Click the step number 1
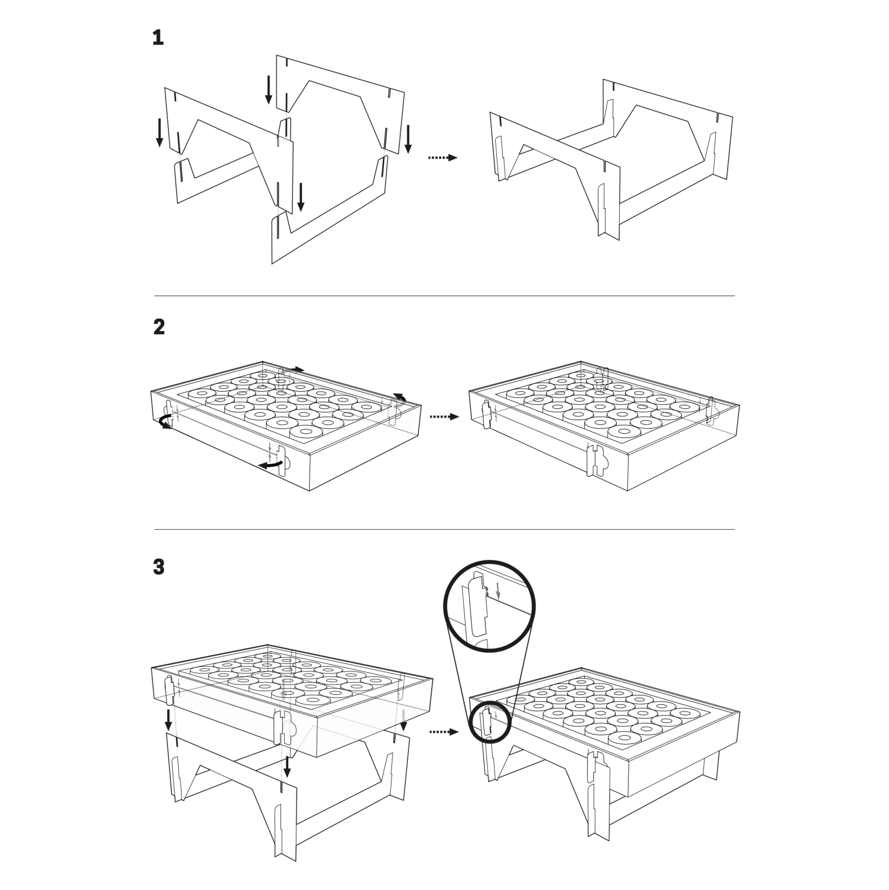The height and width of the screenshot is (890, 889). coord(158,39)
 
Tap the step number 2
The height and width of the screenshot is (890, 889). coord(158,327)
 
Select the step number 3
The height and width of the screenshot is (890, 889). coord(158,567)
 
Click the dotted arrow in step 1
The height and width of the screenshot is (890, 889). coord(443,158)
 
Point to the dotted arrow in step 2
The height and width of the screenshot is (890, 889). coord(444,417)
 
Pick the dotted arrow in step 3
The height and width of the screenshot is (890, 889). coord(444,732)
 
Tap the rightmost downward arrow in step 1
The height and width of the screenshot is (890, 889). coord(408,139)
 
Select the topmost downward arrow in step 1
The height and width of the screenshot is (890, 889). coord(269,89)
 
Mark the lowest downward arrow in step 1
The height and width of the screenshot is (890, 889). coord(301,197)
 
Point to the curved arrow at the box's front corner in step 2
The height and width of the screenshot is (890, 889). coord(270,467)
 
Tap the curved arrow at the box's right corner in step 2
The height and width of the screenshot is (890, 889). coord(400,398)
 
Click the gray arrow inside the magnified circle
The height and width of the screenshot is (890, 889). coord(498,590)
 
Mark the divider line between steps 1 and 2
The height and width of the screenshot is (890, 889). coord(444,295)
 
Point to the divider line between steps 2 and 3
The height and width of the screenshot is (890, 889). coord(444,529)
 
